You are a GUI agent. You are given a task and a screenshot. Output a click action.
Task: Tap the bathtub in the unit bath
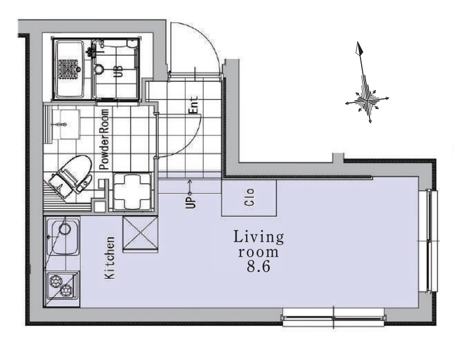(x=70, y=69)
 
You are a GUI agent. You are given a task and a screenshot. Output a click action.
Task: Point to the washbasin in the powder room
(x=66, y=124)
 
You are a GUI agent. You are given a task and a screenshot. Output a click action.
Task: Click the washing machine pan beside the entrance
(x=132, y=192)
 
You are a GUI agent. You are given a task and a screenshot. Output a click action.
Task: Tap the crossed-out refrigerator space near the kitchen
(x=140, y=234)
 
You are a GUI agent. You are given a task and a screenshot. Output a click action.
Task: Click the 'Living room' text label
(x=258, y=244)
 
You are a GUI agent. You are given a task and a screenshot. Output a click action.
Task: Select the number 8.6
(x=258, y=267)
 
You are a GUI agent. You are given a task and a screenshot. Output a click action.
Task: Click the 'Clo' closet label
(x=250, y=197)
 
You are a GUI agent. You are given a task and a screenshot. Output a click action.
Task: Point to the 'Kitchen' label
(x=110, y=258)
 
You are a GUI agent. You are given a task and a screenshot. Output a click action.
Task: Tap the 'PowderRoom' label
(x=104, y=139)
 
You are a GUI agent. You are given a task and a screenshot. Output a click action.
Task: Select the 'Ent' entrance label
(x=194, y=105)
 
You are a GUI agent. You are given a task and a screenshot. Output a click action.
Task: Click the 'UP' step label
(x=190, y=202)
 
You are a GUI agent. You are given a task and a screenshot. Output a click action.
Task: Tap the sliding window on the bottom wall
(x=333, y=317)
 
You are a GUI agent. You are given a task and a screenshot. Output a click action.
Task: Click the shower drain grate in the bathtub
(x=69, y=69)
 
